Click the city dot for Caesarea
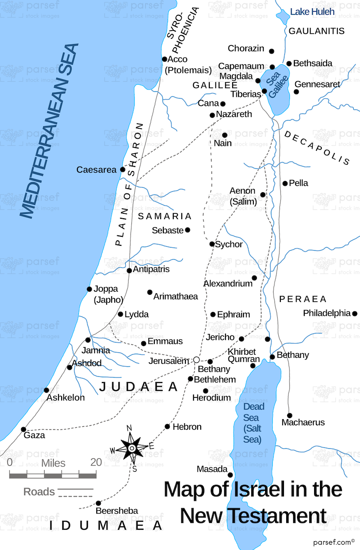pyautogui.click(x=122, y=170)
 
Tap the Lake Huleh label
pyautogui.click(x=312, y=12)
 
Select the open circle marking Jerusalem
pyautogui.click(x=196, y=360)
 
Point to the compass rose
pyautogui.click(x=131, y=448)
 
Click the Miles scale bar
pyautogui.click(x=53, y=475)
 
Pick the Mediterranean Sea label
pyautogui.click(x=49, y=131)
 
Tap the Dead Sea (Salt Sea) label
pyautogui.click(x=252, y=423)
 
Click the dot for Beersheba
pyautogui.click(x=99, y=503)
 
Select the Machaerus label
pyautogui.click(x=303, y=423)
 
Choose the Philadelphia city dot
pyautogui.click(x=355, y=313)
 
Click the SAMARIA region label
pyautogui.click(x=165, y=216)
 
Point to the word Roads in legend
pyautogui.click(x=39, y=492)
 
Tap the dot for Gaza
pyautogui.click(x=23, y=429)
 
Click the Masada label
pyautogui.click(x=212, y=469)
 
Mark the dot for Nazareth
pyautogui.click(x=212, y=115)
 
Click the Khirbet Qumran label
pyautogui.click(x=243, y=355)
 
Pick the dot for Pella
pyautogui.click(x=285, y=183)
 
